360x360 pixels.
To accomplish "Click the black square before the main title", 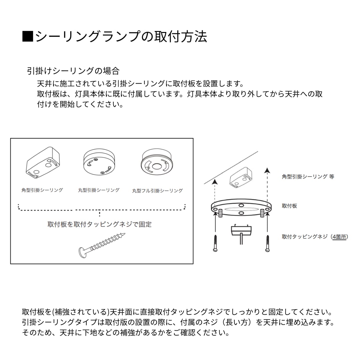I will pos(28,36).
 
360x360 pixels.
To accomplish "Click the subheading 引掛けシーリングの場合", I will pos(73,71).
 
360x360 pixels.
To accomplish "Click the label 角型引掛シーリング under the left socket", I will pos(42,190).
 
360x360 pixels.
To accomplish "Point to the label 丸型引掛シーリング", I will pos(99,190).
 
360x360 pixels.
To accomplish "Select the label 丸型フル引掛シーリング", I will pos(157,191).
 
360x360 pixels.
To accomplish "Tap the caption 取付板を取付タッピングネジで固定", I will pos(99,224).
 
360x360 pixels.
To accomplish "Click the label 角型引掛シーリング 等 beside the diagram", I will pos(308,176).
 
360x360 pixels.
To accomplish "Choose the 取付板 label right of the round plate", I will pos(289,206).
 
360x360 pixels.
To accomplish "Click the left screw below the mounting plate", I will pos(215,243).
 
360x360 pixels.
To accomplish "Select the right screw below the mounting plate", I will pos(267,243).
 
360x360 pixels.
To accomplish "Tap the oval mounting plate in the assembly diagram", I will pos(241,209).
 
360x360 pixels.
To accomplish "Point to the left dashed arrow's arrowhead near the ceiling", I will pos(215,181).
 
